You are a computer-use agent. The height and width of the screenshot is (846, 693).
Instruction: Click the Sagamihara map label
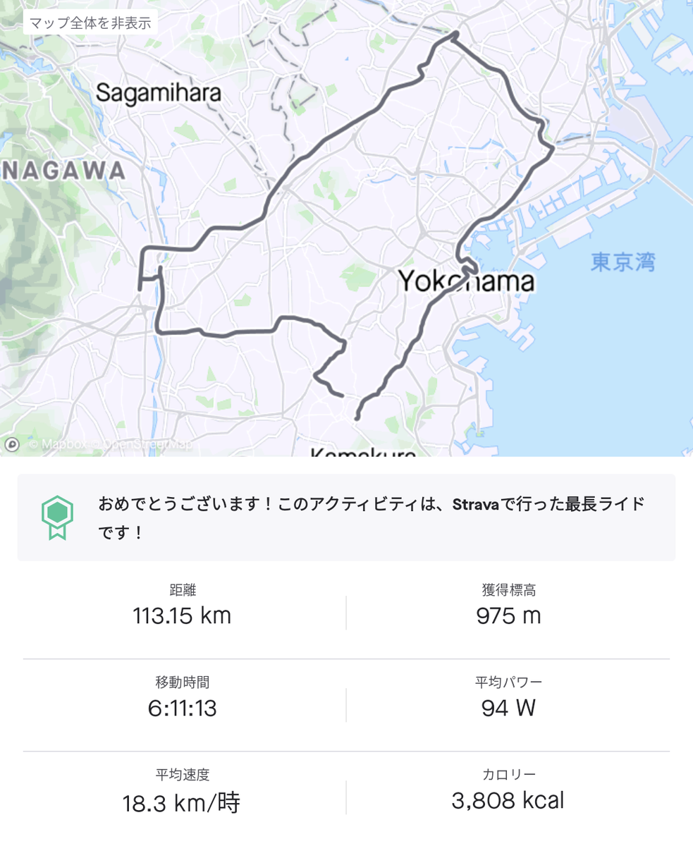159,92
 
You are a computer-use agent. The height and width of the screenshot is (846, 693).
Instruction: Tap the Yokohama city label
466,282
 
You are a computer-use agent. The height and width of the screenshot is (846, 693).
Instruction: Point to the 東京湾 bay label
623,263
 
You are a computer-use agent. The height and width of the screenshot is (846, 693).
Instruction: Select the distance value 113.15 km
182,615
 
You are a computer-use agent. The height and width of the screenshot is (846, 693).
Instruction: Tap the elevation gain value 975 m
508,615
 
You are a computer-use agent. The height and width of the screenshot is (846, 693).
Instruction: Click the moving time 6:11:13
182,708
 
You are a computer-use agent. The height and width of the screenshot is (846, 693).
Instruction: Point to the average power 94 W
508,708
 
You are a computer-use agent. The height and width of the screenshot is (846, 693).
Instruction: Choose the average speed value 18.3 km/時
182,802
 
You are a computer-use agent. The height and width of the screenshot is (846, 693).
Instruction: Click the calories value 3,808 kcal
508,800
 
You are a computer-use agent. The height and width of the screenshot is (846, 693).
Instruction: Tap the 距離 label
182,589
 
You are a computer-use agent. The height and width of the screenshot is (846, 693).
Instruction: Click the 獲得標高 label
508,589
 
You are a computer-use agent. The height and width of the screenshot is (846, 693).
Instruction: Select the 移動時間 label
182,682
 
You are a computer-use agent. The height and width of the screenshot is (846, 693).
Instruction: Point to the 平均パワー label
508,682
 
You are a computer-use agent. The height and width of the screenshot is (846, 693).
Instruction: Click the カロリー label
508,774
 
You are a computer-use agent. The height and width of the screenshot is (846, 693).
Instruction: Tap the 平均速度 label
182,774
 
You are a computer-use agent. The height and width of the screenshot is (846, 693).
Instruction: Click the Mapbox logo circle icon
11,444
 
